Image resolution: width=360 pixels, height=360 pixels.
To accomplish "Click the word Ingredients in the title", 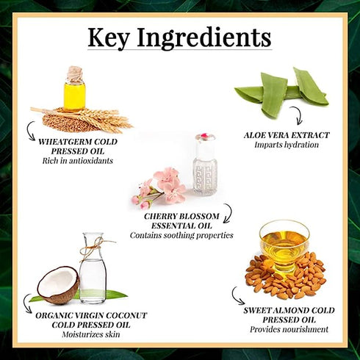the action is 204,37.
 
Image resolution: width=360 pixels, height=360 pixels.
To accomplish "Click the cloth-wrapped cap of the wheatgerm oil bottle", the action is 74,73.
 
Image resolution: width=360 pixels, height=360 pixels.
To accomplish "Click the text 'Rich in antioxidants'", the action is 78,161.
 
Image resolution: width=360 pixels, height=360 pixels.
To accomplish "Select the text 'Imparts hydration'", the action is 287,145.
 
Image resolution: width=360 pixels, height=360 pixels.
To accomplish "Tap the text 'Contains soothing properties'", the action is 181,235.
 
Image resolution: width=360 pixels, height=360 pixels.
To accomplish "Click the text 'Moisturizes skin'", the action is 91,334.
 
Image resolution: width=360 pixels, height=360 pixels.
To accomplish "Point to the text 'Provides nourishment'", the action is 289,329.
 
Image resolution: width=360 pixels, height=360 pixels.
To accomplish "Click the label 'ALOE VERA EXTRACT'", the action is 287,135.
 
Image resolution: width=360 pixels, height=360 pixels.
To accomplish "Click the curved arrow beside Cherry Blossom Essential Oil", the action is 228,213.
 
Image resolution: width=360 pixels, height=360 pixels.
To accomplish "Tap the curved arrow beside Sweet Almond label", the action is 237,297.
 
